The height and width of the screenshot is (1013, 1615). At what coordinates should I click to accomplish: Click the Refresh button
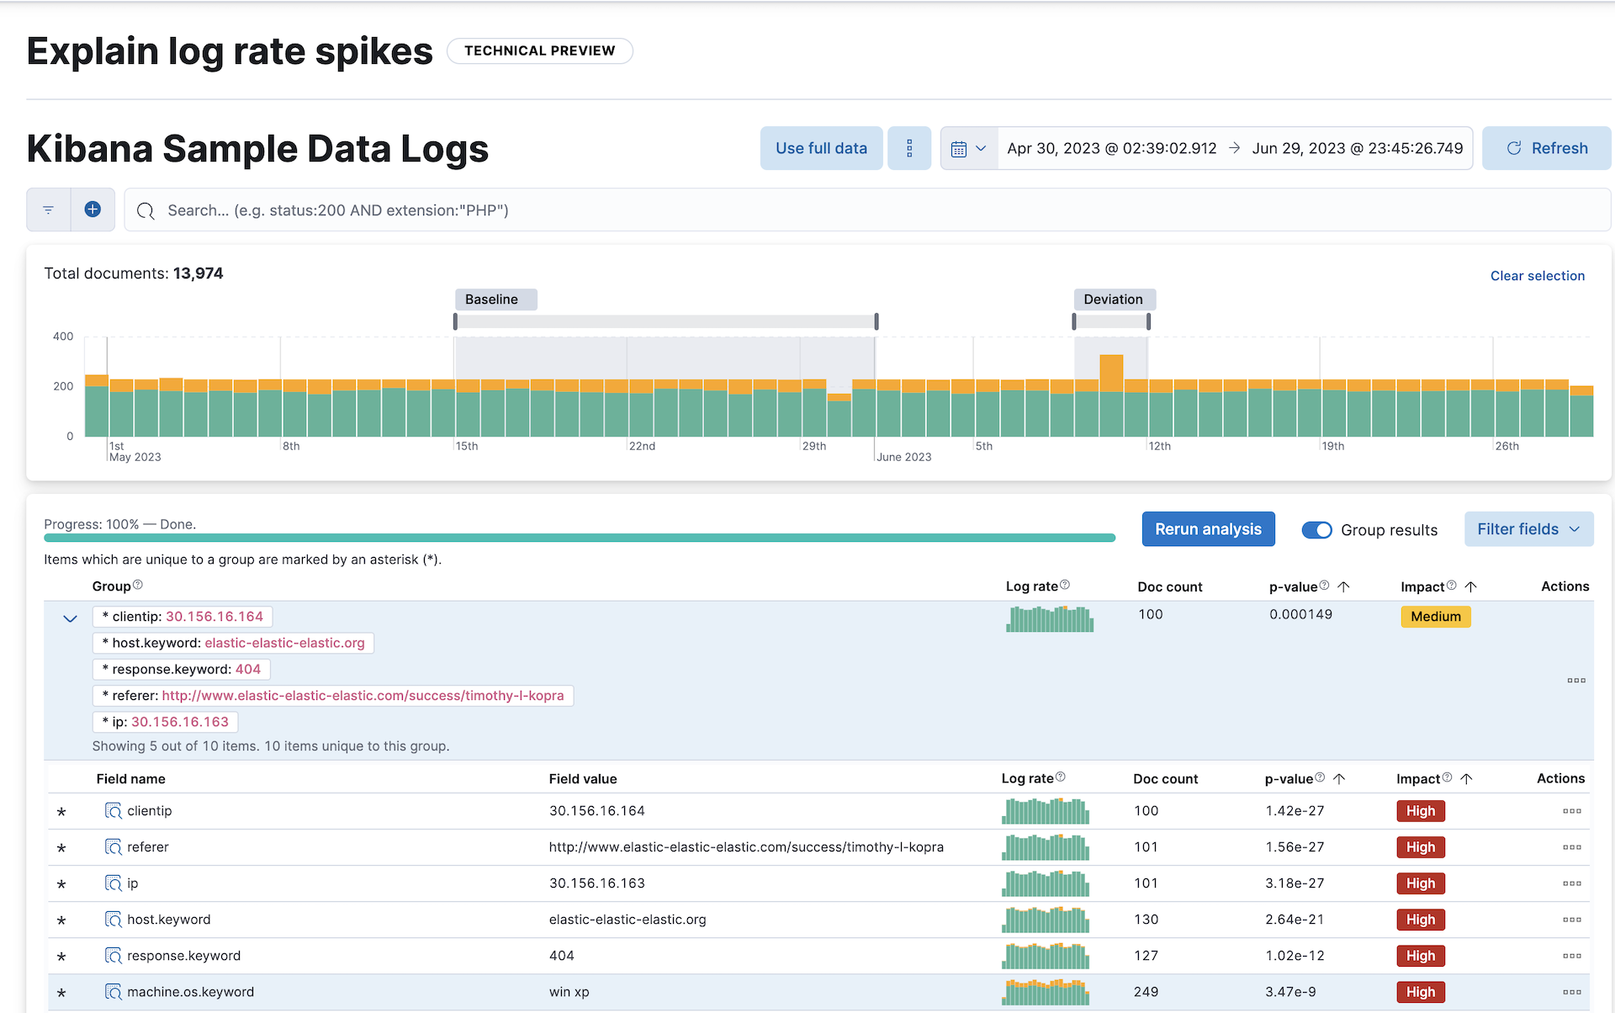tap(1546, 148)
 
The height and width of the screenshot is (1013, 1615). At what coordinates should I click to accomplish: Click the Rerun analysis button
tap(1208, 529)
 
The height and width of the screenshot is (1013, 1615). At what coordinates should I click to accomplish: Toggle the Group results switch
tap(1316, 530)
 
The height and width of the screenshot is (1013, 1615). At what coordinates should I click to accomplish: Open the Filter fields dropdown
tap(1528, 529)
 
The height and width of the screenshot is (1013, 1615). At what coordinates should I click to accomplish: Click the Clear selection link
tap(1537, 276)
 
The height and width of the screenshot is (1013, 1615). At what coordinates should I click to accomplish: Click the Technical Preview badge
tap(539, 50)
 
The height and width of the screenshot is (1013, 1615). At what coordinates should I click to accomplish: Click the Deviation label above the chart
tap(1113, 300)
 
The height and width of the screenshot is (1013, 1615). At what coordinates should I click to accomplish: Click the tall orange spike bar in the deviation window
tap(1111, 372)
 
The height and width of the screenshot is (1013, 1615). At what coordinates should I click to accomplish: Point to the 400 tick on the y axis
tap(63, 337)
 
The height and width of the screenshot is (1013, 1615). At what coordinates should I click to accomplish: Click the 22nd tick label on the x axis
tap(642, 446)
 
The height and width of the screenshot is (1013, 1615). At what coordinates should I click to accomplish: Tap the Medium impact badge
tap(1435, 617)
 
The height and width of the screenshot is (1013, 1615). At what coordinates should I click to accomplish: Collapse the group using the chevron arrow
tap(70, 618)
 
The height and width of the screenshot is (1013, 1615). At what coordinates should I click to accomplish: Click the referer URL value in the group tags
tap(363, 696)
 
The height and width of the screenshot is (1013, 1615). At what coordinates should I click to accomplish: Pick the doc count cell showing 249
tap(1146, 992)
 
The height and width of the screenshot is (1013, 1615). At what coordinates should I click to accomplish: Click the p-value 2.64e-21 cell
tap(1295, 920)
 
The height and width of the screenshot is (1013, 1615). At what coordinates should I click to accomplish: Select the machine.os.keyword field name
tap(190, 992)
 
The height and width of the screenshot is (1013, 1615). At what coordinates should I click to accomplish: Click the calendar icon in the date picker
tap(959, 149)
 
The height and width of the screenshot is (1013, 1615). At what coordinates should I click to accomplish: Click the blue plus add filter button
tap(93, 209)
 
